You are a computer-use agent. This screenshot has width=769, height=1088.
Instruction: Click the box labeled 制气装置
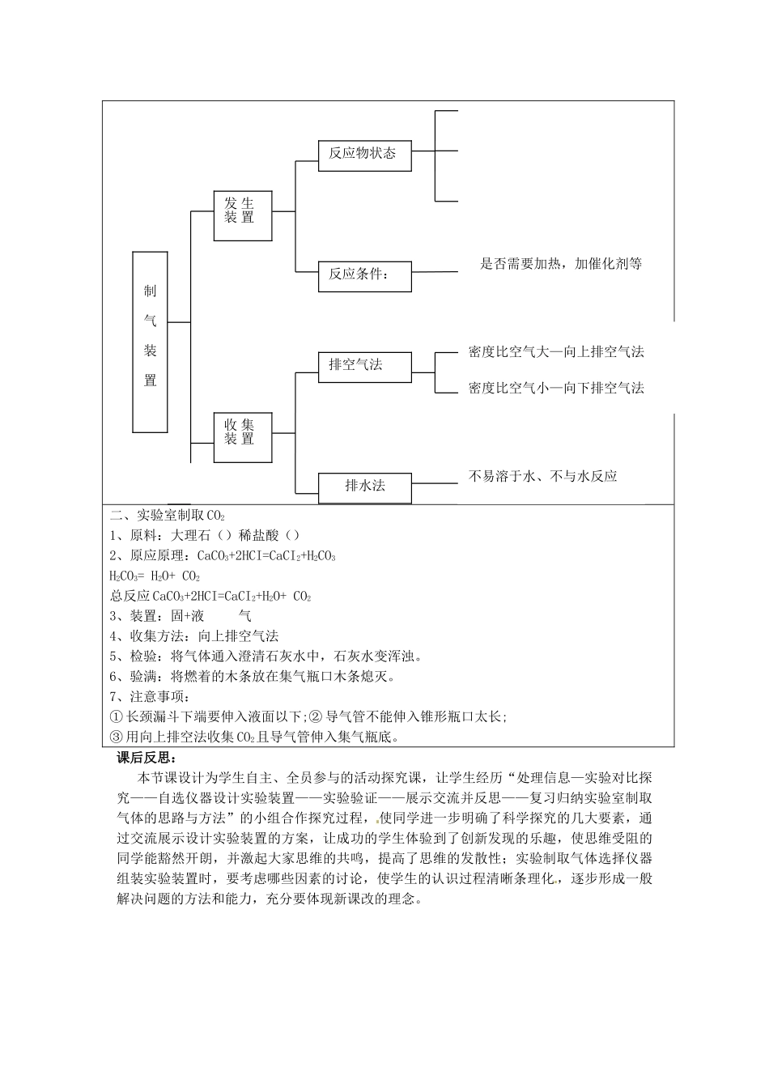[150, 341]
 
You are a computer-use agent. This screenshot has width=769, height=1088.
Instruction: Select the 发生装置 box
[243, 215]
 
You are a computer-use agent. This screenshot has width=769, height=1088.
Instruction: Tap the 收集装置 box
[243, 437]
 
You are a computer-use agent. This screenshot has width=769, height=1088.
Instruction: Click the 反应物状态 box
[365, 154]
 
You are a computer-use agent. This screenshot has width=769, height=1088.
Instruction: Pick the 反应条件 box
[365, 275]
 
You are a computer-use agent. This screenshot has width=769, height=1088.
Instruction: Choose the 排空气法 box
[365, 365]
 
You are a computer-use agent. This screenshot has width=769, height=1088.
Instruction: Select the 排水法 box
[365, 487]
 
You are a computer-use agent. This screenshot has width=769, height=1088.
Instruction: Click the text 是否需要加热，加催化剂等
[561, 263]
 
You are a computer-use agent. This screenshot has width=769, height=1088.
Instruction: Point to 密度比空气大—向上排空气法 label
[556, 351]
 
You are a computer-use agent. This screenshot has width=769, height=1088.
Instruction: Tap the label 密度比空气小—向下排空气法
[556, 388]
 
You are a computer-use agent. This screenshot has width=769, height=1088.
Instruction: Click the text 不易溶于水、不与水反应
[542, 476]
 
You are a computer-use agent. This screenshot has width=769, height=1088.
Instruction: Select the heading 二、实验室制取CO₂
[168, 515]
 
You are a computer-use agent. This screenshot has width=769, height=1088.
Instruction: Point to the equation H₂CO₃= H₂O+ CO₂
[154, 576]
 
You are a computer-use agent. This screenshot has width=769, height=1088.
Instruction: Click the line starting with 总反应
[210, 596]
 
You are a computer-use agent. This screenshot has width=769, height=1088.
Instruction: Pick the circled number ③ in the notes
[116, 737]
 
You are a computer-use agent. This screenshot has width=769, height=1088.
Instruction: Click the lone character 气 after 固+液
[244, 616]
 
